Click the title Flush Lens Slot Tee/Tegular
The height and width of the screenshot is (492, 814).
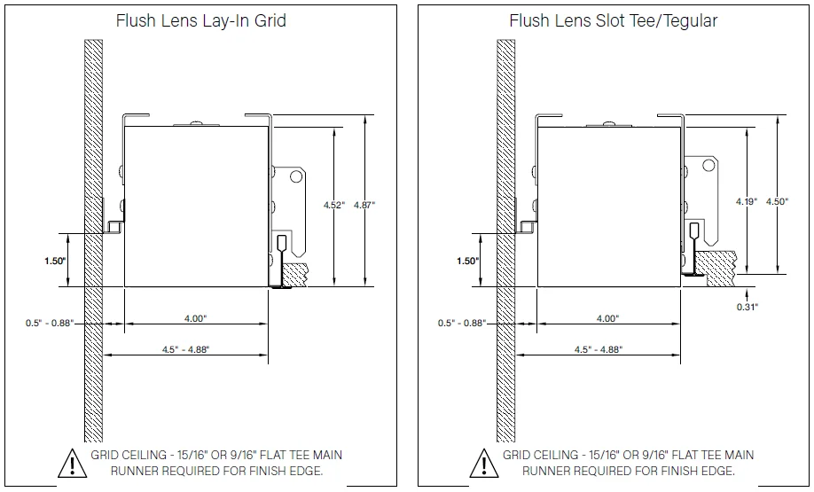[614, 20]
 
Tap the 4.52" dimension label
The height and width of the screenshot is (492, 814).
[333, 205]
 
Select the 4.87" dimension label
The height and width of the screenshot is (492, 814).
[364, 205]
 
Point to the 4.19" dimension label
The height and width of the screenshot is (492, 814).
[746, 202]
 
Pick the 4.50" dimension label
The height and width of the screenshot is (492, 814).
[777, 202]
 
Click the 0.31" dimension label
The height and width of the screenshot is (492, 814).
[747, 307]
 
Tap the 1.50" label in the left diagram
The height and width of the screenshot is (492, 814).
[56, 261]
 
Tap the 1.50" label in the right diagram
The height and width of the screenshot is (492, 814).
[467, 261]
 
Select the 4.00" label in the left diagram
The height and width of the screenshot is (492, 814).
[196, 318]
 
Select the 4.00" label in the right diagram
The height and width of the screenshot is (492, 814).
[607, 318]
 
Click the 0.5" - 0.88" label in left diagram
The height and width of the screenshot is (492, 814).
[49, 324]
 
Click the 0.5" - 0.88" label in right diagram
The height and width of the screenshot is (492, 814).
[462, 324]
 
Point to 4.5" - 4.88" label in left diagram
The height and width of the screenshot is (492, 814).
[186, 349]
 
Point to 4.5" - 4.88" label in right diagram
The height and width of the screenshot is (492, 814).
[599, 349]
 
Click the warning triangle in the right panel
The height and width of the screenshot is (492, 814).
[482, 463]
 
